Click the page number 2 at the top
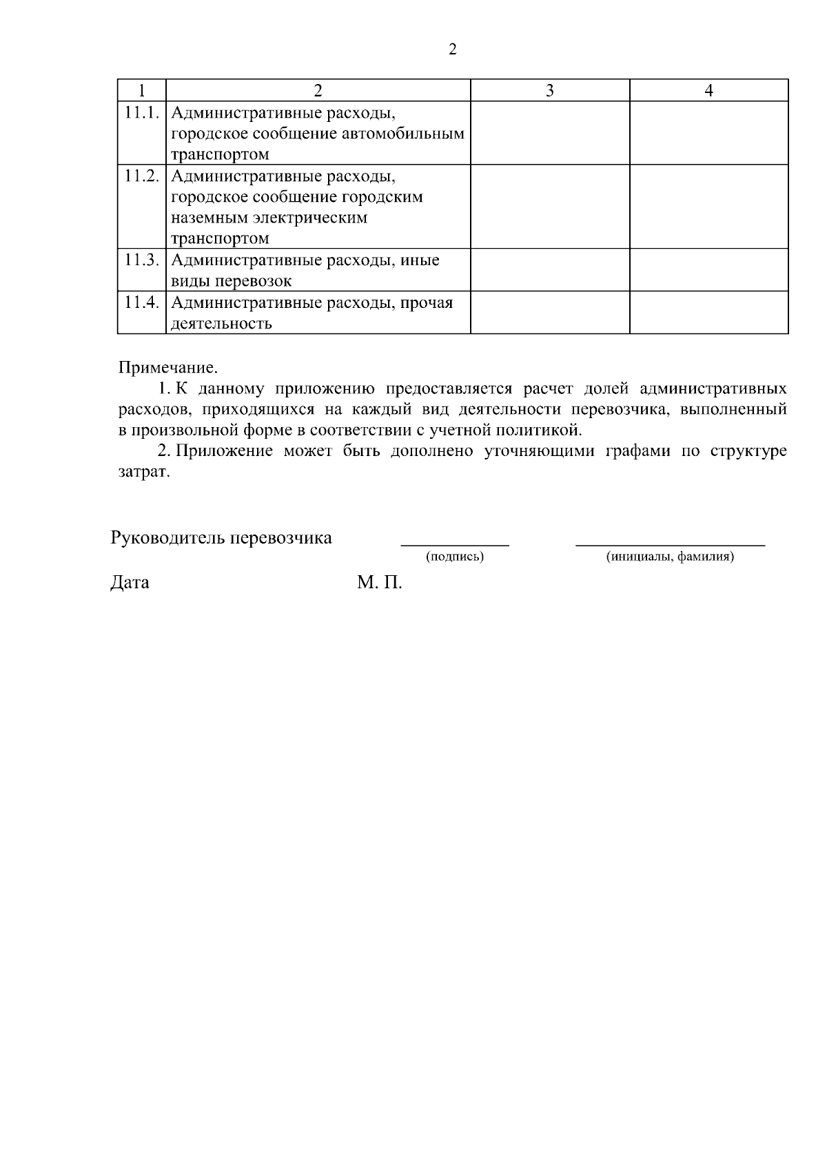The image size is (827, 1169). tap(452, 50)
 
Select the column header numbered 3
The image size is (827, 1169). tap(549, 90)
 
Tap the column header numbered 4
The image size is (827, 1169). tap(708, 90)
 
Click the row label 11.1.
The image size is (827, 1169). tap(142, 112)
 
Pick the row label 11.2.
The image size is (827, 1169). tap(142, 176)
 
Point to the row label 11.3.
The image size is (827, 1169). tap(142, 260)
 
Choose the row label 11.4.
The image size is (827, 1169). tap(142, 302)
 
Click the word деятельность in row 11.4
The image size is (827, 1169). tap(221, 324)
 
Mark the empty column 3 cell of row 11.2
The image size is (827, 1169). tap(549, 207)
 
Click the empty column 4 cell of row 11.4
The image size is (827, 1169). tap(708, 313)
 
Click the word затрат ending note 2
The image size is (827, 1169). tap(143, 473)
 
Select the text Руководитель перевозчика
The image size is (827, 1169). tap(221, 538)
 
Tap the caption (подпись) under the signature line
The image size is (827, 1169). tap(455, 557)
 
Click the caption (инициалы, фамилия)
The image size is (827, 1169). tap(670, 557)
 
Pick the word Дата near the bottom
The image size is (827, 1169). tap(130, 583)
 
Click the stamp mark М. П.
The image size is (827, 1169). tap(380, 583)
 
